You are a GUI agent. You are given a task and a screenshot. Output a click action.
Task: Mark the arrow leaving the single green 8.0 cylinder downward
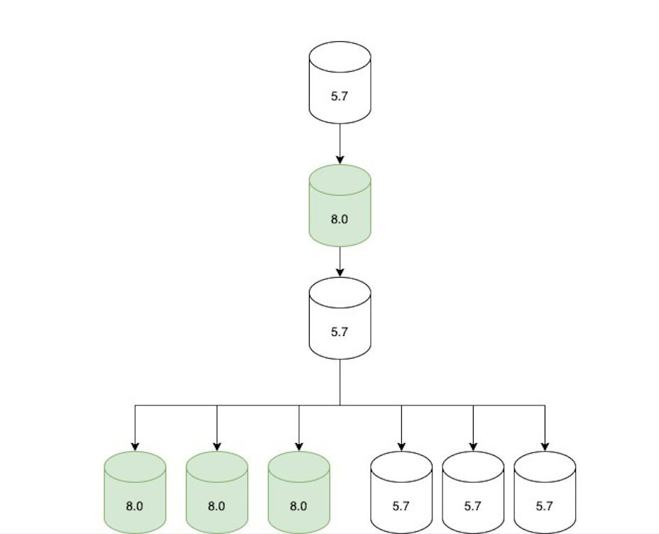point(339,261)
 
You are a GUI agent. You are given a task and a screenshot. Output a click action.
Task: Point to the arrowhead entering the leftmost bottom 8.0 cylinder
point(135,446)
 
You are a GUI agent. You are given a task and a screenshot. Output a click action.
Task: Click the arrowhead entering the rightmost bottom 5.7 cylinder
point(545,446)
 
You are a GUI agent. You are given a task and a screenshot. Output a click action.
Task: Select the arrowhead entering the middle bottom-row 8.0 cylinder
point(217,446)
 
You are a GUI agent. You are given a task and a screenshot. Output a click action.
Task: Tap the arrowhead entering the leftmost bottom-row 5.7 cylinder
point(401,446)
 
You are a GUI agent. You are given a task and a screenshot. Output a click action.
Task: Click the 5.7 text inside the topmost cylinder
point(339,96)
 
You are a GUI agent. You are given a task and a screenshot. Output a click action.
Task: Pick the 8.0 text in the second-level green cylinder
point(339,219)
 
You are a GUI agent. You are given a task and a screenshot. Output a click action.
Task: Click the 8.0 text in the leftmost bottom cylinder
point(135,506)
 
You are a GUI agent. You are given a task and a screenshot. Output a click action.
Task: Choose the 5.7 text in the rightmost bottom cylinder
point(545,506)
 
